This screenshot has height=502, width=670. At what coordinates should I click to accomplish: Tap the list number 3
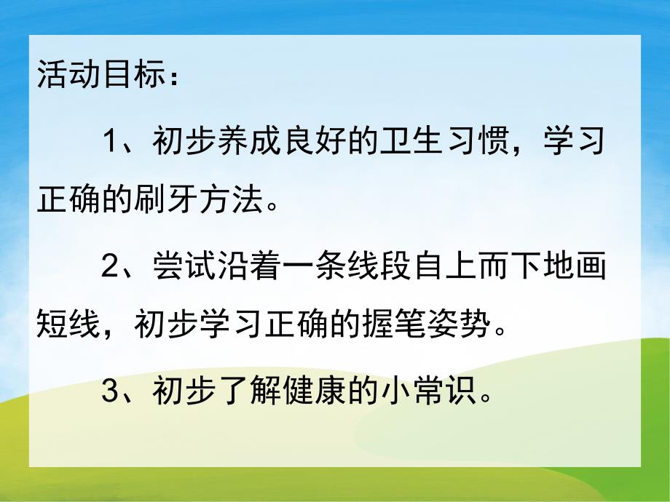pyautogui.click(x=110, y=394)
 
